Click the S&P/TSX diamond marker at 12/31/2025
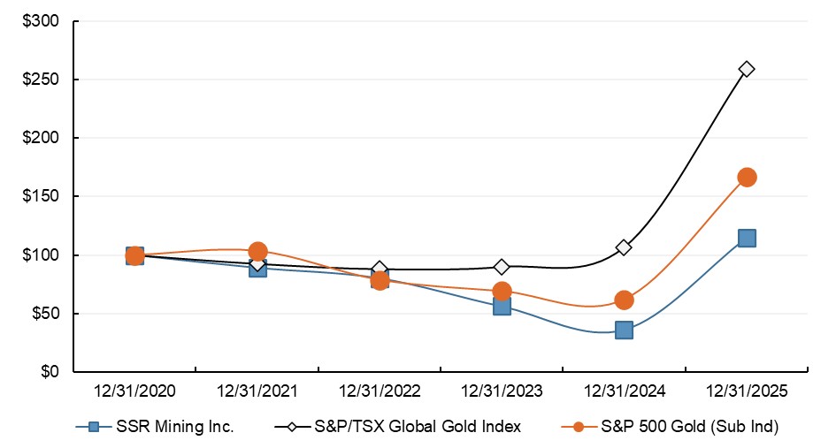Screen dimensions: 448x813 (x=747, y=69)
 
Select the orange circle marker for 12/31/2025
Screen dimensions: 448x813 (x=747, y=177)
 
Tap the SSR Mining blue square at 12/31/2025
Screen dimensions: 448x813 (x=747, y=238)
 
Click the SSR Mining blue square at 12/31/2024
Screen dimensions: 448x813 (x=624, y=330)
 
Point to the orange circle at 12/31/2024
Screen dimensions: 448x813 (x=624, y=300)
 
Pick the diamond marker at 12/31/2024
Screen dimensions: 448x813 (x=624, y=247)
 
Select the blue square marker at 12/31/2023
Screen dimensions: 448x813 (x=502, y=306)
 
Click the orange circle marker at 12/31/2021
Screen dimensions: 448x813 (x=257, y=252)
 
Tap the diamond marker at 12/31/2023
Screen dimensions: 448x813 (x=502, y=266)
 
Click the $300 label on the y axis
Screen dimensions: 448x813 (x=40, y=21)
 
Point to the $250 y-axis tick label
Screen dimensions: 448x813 (x=40, y=80)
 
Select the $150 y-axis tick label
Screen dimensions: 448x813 (x=40, y=196)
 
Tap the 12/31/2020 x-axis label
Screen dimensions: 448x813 (x=134, y=391)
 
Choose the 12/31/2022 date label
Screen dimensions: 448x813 (x=380, y=391)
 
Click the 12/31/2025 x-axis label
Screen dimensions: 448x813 (x=747, y=391)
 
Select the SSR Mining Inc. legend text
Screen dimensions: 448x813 (x=175, y=427)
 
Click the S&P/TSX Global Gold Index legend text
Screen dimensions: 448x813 (x=418, y=427)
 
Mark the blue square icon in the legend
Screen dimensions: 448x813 (x=91, y=427)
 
